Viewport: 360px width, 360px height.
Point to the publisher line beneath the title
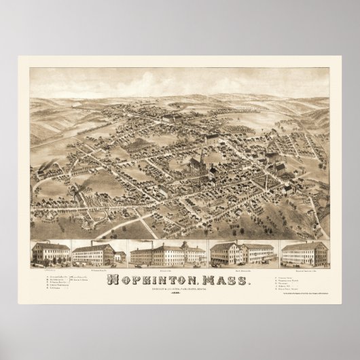click(180, 287)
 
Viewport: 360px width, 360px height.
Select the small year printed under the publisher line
click(180, 291)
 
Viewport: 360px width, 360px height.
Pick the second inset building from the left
click(96, 253)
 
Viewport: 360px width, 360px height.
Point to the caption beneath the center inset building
click(160, 268)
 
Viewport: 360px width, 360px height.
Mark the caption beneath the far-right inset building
click(302, 268)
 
